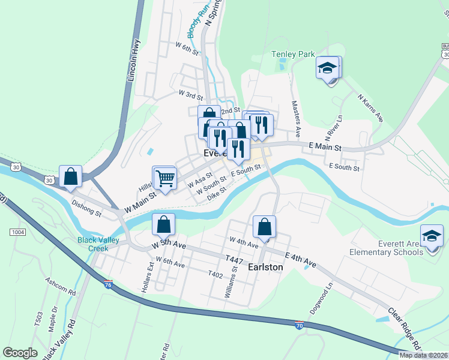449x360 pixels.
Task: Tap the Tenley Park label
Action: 293,54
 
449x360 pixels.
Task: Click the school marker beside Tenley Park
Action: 328,68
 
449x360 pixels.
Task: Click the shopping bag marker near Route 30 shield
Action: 71,177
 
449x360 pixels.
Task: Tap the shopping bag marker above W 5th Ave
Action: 163,225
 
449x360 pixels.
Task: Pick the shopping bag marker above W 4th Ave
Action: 264,227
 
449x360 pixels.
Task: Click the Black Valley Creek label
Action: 92,244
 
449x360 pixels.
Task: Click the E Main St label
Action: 325,147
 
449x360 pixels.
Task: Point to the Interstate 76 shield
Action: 108,283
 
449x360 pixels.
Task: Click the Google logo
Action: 20,353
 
